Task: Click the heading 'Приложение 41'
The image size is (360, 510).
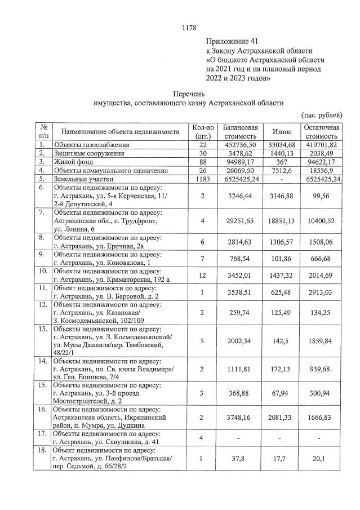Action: point(230,41)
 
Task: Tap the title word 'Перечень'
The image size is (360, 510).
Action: point(188,94)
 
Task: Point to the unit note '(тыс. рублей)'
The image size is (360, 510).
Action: point(322,115)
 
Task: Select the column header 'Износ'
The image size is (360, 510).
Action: point(282,131)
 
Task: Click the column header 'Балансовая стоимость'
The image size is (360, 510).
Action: point(241,131)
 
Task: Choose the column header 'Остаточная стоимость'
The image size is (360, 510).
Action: point(322,131)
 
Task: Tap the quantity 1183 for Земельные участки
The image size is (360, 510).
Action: point(202,179)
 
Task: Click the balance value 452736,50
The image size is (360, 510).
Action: point(241,145)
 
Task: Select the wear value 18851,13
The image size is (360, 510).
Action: point(282,221)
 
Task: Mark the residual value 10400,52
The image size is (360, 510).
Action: point(322,221)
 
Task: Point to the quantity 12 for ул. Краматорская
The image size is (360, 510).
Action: point(202,274)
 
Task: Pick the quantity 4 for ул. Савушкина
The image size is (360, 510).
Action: point(202,438)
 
